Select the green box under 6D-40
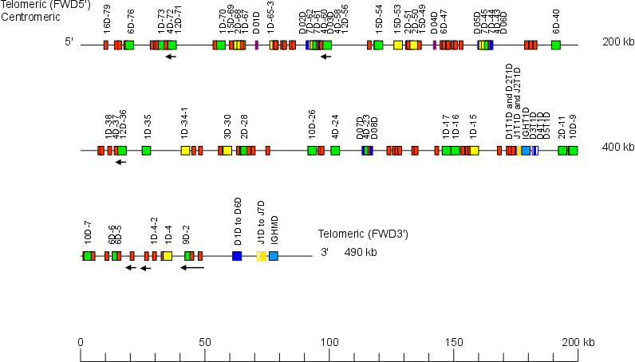tap(556, 45)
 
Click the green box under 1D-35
tap(146, 150)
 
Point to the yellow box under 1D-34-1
tap(185, 150)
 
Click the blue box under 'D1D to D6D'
tap(237, 256)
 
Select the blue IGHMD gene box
tap(274, 256)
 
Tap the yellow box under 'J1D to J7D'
tap(262, 256)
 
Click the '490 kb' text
tap(361, 253)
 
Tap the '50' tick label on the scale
tap(205, 342)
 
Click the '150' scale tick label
tap(454, 342)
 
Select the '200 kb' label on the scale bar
tap(578, 342)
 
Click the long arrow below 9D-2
tap(191, 268)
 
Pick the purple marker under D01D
tap(256, 45)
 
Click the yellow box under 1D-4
tap(167, 256)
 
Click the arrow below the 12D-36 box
tap(120, 162)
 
